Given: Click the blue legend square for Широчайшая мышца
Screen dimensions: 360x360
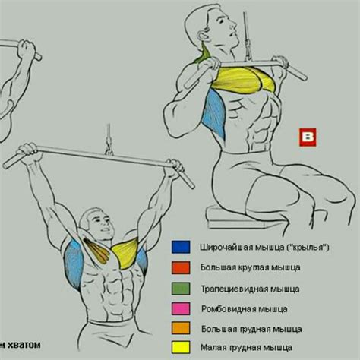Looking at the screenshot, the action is (x=181, y=247).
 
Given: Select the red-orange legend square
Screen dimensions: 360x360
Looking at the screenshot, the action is (x=181, y=268).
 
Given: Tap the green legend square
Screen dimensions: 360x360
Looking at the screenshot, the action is (x=181, y=289).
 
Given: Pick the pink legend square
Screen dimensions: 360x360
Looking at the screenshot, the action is (x=181, y=308).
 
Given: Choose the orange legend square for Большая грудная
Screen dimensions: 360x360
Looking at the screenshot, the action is (x=181, y=328).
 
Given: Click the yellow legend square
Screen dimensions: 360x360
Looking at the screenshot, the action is (x=181, y=347).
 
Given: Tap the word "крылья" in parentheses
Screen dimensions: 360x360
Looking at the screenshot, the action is (x=308, y=248).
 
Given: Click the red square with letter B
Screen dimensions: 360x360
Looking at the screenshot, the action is (x=308, y=137).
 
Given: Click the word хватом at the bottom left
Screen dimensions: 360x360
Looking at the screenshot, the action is (x=24, y=345).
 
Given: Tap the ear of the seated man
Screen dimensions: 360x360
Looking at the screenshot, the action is (x=204, y=36).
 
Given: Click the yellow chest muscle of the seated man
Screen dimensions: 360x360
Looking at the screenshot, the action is (x=243, y=79).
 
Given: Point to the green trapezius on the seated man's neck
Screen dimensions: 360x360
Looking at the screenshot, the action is (x=204, y=55).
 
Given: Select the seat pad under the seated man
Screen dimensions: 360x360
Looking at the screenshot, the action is (x=228, y=218).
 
